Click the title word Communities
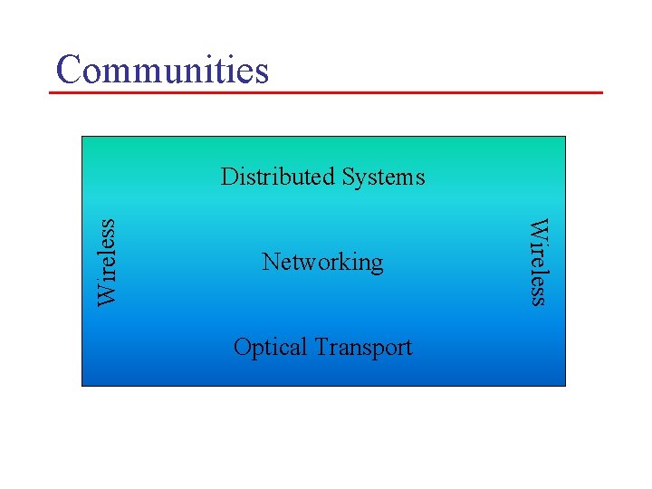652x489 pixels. (162, 69)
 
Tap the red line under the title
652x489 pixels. (326, 92)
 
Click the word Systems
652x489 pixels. (383, 176)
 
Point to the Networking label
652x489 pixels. (322, 263)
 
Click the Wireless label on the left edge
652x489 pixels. (108, 262)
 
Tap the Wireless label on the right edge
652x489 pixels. (538, 262)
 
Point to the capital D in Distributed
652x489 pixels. (229, 176)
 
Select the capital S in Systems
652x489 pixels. (349, 176)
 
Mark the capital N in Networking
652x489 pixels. (270, 262)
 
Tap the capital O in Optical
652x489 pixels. (242, 347)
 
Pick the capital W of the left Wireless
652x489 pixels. (108, 293)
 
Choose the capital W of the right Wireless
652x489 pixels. (538, 227)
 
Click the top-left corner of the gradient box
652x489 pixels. (82, 137)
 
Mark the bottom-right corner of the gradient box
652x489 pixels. (565, 386)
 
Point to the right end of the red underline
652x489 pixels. (601, 92)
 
